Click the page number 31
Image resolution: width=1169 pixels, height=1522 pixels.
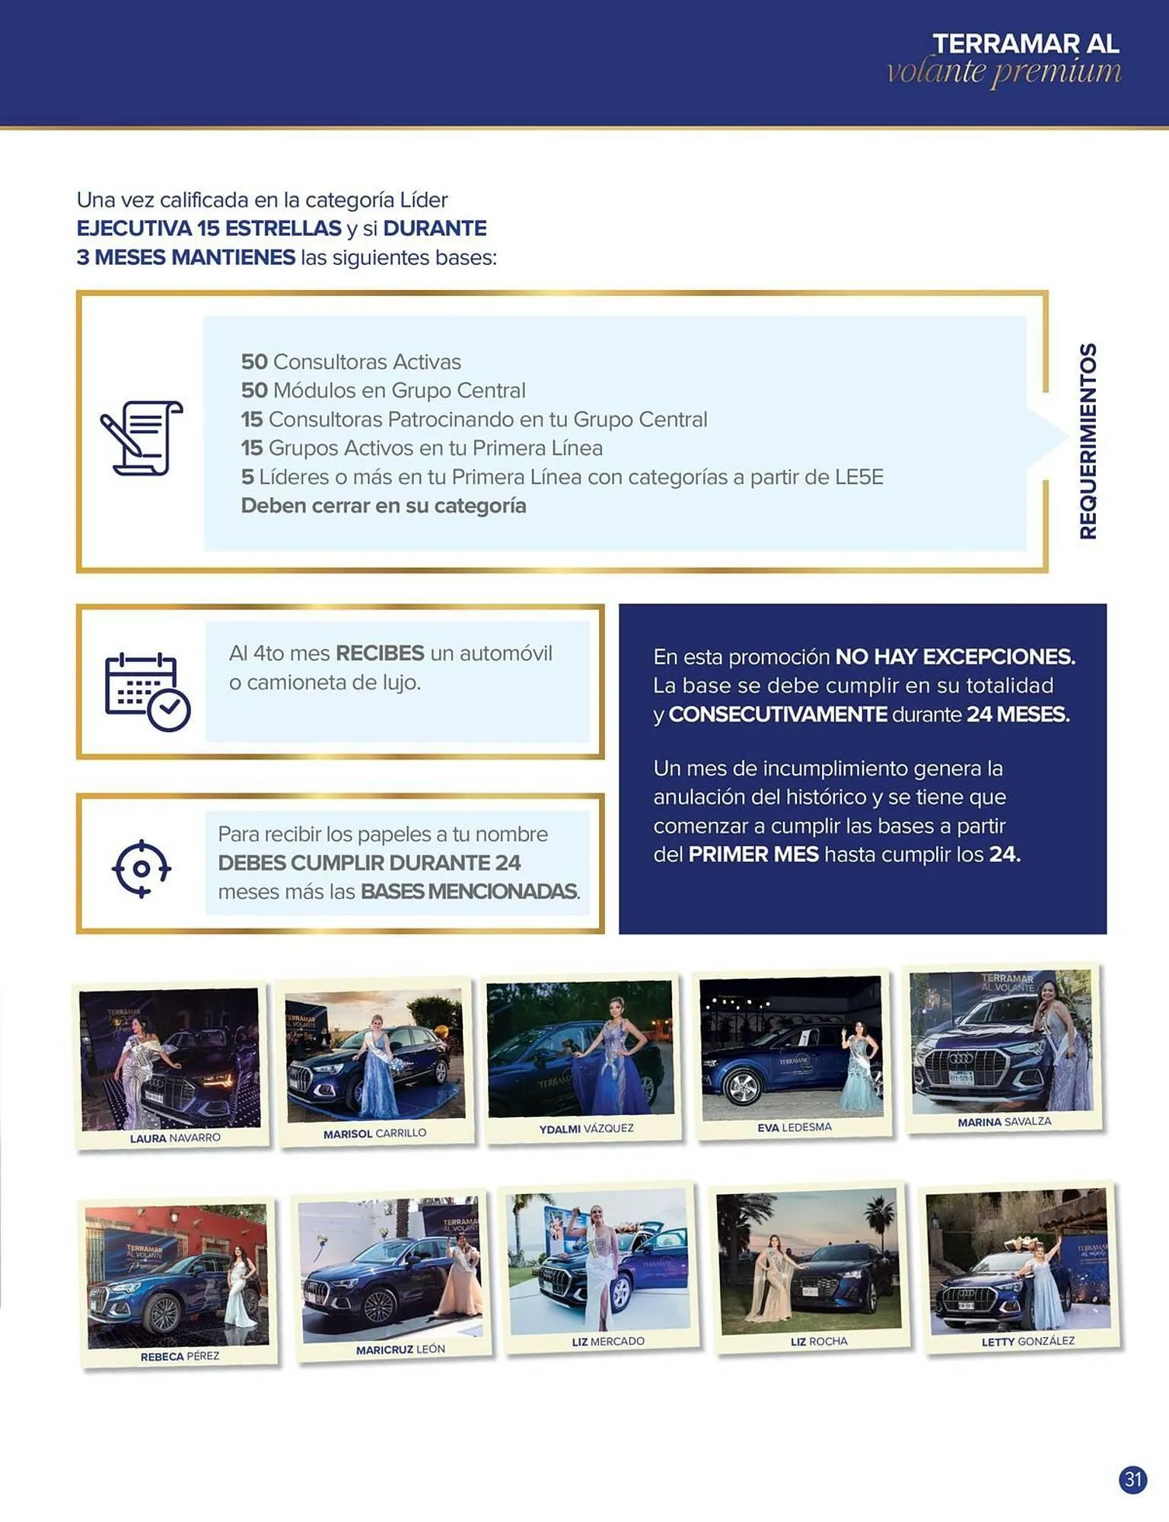pos(1133,1479)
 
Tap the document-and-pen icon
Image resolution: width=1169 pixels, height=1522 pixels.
pos(142,438)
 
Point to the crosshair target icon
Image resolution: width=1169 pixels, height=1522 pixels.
pos(142,868)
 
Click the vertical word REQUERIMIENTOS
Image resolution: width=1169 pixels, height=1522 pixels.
pos(1088,441)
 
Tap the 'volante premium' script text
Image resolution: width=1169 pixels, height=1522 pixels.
pos(1004,72)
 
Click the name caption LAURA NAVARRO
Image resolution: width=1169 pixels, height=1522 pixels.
pos(175,1138)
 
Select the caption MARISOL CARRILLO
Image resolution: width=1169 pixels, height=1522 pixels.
pos(374,1133)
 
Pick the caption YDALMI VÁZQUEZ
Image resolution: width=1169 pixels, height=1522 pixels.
pos(586,1129)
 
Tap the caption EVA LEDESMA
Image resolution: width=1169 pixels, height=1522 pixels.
pos(794,1127)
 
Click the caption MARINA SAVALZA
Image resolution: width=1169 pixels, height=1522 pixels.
pos(1004,1122)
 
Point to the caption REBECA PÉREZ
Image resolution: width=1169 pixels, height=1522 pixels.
pos(180,1356)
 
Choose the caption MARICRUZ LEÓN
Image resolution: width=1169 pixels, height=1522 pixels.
pos(400,1349)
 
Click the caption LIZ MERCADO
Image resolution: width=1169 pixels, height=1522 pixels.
pos(608,1341)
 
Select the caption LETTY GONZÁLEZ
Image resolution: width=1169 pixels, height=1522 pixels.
pos(1027,1341)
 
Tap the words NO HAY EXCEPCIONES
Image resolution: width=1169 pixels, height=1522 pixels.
pos(955,657)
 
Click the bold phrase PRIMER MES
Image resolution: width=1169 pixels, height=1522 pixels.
pos(753,855)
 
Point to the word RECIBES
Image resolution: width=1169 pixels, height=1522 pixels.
pos(380,653)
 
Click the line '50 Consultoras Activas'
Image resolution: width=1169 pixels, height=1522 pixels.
pos(351,361)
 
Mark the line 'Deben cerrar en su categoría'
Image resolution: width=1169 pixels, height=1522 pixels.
pos(384,506)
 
